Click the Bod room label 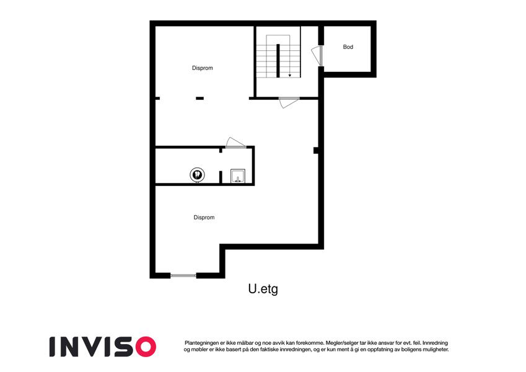tap(348, 47)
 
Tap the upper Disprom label tap(202, 68)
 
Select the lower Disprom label tap(204, 218)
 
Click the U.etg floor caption tap(263, 289)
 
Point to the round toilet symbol tap(197, 175)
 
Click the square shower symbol tap(237, 176)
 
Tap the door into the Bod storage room tap(317, 55)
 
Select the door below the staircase tap(289, 102)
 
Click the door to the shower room tap(235, 143)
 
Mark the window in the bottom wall tap(183, 276)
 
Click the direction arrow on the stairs tap(289, 76)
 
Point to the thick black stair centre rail tap(278, 61)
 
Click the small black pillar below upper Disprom tap(199, 99)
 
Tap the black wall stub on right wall tap(316, 151)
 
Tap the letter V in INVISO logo tap(95, 347)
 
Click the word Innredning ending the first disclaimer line tap(435, 343)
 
